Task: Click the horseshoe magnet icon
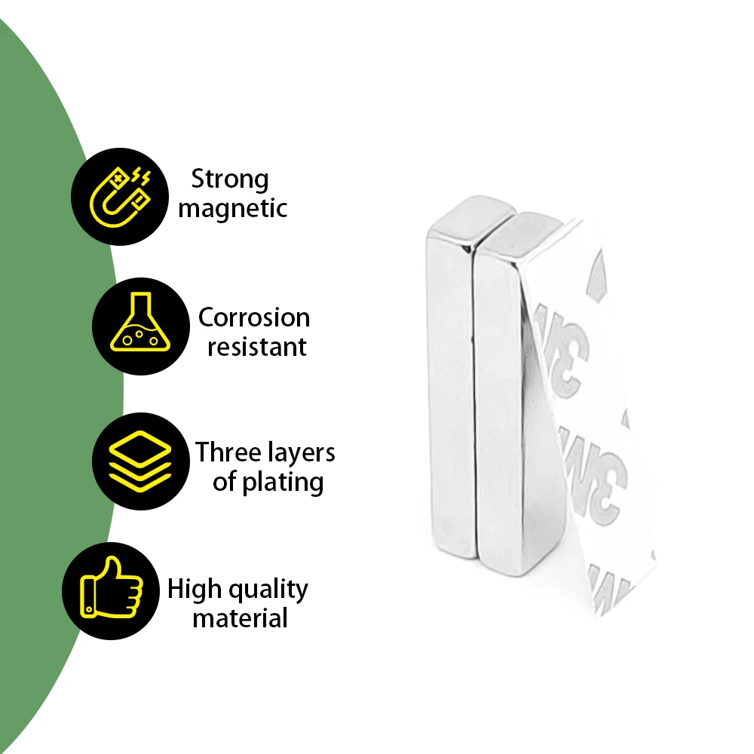tap(120, 197)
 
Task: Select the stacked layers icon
tap(140, 461)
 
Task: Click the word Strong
tap(229, 179)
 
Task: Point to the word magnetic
tap(232, 208)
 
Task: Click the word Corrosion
tap(253, 317)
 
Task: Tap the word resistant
tap(256, 347)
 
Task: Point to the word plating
tap(283, 483)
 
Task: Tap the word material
tap(240, 619)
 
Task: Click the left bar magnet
tap(450, 392)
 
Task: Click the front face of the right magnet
tap(498, 407)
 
